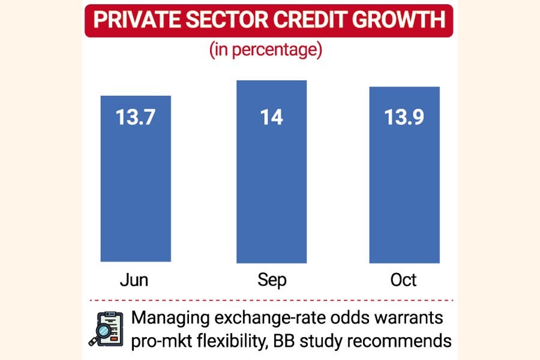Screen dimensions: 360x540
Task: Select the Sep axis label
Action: (x=271, y=281)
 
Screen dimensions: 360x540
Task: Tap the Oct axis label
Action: (x=404, y=281)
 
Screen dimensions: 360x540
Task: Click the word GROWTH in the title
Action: (x=399, y=20)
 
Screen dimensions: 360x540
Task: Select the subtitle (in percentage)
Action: (x=265, y=50)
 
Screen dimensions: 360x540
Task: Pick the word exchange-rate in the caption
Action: (x=266, y=318)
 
